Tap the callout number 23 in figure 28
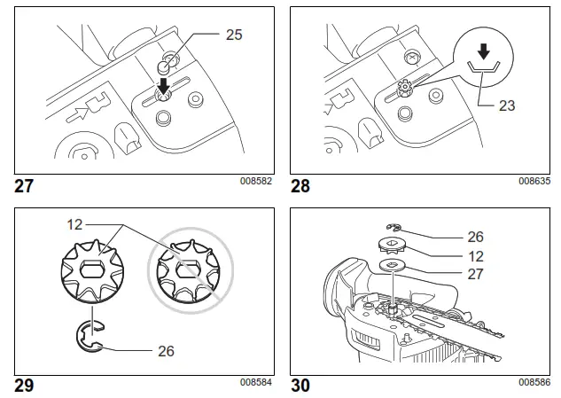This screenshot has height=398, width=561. [x=506, y=104]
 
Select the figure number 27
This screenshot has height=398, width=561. [x=26, y=187]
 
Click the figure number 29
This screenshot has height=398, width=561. [x=26, y=386]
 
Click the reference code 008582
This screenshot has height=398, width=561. [x=255, y=182]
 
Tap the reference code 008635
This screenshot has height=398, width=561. [x=534, y=182]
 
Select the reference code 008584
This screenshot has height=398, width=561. [x=255, y=383]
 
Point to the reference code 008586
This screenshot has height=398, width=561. [x=534, y=383]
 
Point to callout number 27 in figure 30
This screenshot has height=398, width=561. [x=476, y=274]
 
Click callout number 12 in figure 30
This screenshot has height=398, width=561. [x=476, y=255]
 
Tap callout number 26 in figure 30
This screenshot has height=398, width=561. [x=476, y=238]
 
